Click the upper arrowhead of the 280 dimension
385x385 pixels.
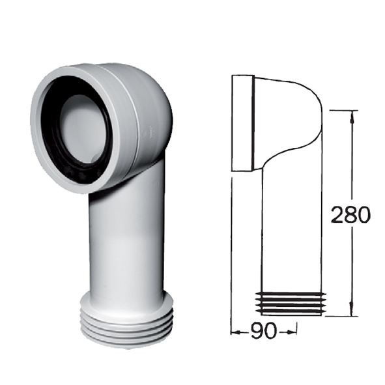coord(352,116)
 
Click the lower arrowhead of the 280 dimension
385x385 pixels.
coord(352,311)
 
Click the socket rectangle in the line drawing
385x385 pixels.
coord(243,124)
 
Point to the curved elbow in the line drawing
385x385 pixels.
coord(293,114)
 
